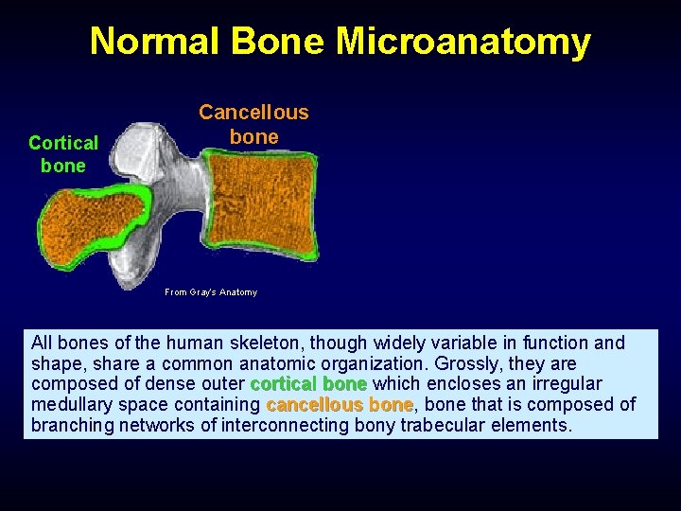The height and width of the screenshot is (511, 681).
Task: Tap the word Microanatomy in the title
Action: coord(463,42)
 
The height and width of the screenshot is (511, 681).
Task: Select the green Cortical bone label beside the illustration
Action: coord(63,154)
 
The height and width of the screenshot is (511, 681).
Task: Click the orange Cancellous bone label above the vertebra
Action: coord(253,124)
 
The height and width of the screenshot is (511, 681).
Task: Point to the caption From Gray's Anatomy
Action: coord(211,292)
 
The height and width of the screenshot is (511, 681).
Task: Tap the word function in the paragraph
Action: coord(559,343)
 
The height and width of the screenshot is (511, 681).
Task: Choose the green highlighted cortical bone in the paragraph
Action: coord(308,384)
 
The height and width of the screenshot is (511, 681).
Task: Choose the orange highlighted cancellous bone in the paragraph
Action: coord(340,405)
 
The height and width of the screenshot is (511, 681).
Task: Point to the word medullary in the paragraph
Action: coord(71,405)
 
